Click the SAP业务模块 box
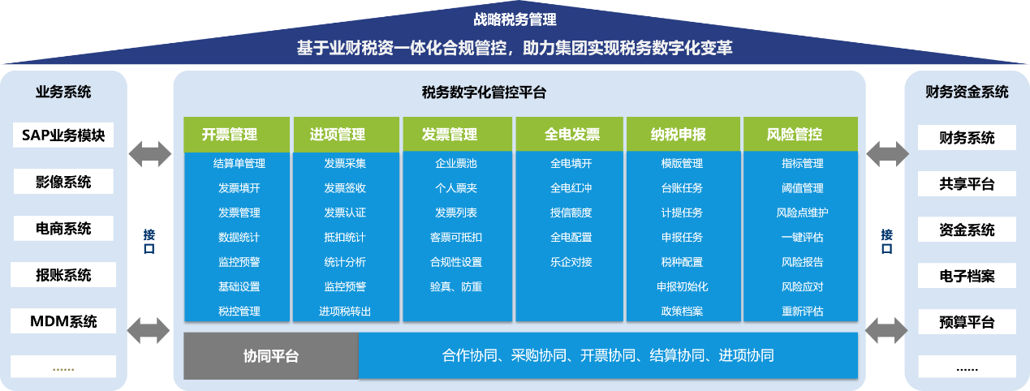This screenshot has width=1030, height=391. [63, 135]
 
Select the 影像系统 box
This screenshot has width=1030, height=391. [63, 182]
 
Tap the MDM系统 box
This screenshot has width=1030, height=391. [63, 321]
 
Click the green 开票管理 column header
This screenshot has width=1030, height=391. [237, 135]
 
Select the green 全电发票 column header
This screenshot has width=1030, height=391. [569, 134]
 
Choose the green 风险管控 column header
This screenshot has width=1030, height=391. [800, 134]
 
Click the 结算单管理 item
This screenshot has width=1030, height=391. [239, 164]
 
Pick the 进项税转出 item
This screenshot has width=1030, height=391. [345, 312]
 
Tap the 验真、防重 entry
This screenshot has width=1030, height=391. [456, 286]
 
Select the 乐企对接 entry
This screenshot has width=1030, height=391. [571, 262]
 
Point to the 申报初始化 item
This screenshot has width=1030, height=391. [682, 286]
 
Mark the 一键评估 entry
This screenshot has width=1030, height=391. [803, 238]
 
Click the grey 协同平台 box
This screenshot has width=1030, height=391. [271, 356]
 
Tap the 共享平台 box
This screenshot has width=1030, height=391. [967, 184]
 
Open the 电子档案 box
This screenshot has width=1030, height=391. [967, 276]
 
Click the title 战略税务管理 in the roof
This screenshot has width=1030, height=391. [515, 19]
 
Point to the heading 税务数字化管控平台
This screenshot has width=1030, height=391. [484, 92]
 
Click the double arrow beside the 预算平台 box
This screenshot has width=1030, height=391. [886, 330]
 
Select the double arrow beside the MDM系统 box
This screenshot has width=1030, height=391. [149, 330]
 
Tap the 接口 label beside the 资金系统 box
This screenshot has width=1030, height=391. [886, 242]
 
